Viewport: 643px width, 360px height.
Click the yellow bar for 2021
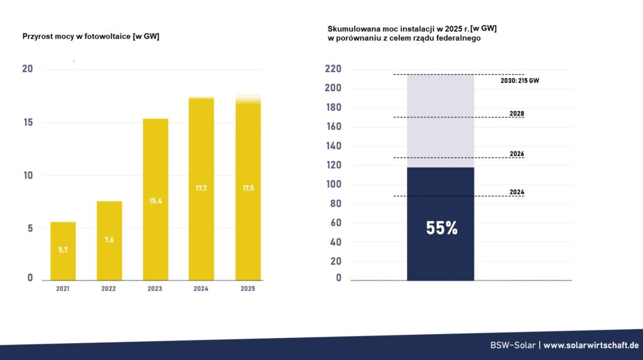click(x=63, y=251)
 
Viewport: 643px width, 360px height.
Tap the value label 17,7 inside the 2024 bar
click(x=202, y=188)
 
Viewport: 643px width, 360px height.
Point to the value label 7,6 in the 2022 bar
click(x=109, y=239)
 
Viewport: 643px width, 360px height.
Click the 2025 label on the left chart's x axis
click(x=247, y=289)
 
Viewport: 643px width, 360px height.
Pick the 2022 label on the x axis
click(x=109, y=289)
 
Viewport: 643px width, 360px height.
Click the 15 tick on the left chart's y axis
click(x=28, y=122)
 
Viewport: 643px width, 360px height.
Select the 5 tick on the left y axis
click(x=30, y=229)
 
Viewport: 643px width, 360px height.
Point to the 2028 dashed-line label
click(x=517, y=114)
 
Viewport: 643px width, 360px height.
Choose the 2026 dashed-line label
click(x=517, y=154)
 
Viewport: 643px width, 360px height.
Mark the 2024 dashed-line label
click(x=517, y=192)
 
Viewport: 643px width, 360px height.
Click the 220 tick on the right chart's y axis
click(x=332, y=69)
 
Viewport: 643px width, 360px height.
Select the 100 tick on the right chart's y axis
click(x=332, y=185)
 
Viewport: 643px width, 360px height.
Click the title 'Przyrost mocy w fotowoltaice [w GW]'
click(x=91, y=36)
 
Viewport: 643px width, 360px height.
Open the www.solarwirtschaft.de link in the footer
click(x=591, y=346)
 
